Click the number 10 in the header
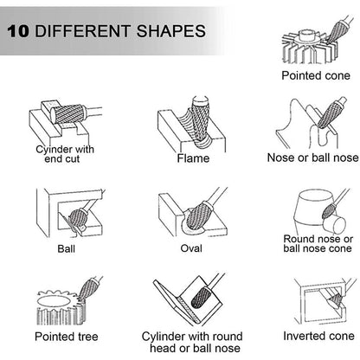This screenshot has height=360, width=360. pyautogui.click(x=18, y=31)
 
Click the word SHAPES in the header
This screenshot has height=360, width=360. pyautogui.click(x=171, y=31)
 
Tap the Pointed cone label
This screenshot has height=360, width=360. pyautogui.click(x=316, y=75)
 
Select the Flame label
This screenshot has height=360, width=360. pyautogui.click(x=193, y=158)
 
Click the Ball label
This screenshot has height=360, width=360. pyautogui.click(x=66, y=248)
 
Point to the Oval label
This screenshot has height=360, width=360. pyautogui.click(x=191, y=248)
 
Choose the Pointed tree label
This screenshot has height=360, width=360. pyautogui.click(x=67, y=337)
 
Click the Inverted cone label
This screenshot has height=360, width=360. pyautogui.click(x=318, y=336)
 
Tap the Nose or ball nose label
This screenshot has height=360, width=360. pyautogui.click(x=313, y=157)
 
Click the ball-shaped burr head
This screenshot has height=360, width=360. pyautogui.click(x=76, y=218)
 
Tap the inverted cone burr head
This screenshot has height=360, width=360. pyautogui.click(x=335, y=300)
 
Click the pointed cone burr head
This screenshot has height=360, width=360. pyautogui.click(x=338, y=32)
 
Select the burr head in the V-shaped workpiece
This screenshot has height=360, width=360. pyautogui.click(x=201, y=298)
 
